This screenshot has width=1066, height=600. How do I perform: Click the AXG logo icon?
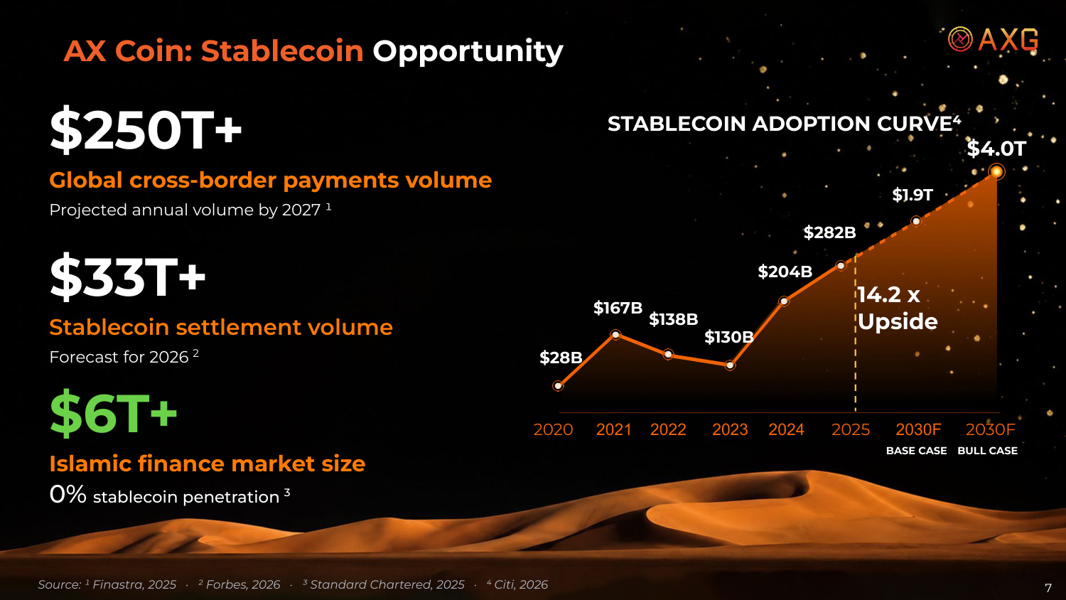coord(960,39)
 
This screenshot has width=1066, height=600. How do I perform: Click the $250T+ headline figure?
coord(146,129)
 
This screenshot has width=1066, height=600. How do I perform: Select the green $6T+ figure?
coord(113,412)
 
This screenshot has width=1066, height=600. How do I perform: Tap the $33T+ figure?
coord(127,277)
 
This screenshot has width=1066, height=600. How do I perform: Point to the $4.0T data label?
coord(996,149)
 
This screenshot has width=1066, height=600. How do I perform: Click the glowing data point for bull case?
coord(996,171)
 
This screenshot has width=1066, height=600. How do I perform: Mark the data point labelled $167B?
coord(615,335)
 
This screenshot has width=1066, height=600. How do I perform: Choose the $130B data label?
coord(728,337)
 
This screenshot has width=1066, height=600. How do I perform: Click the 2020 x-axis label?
coord(553,429)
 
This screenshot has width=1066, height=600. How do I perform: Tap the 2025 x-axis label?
coord(851,429)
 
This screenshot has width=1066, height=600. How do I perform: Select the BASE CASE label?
coord(916,451)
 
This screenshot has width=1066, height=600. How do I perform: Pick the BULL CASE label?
coord(988,451)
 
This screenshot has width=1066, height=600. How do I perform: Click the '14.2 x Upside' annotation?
coord(898,308)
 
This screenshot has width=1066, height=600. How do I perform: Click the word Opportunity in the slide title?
coord(468,51)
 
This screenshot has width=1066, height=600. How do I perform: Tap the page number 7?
coord(1048,588)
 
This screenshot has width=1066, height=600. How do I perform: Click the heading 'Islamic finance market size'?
coord(208,464)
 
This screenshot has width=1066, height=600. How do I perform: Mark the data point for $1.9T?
coord(916,221)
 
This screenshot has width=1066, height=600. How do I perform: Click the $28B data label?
coord(561,357)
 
